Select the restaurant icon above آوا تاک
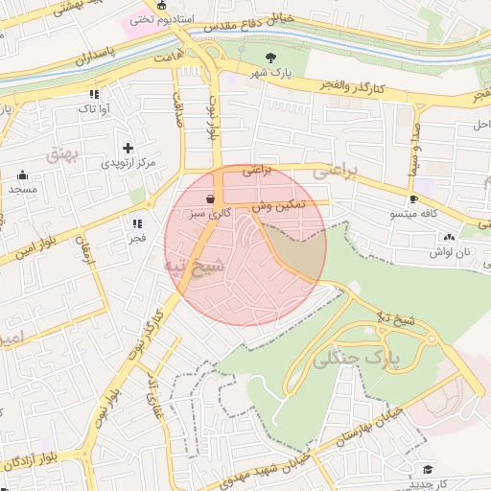pyautogui.click(x=93, y=95)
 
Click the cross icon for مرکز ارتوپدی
pyautogui.click(x=128, y=148)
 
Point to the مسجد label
pyautogui.click(x=22, y=190)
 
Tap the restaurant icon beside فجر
pyautogui.click(x=137, y=222)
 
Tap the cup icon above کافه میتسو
pyautogui.click(x=413, y=199)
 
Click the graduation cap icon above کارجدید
pyautogui.click(x=428, y=469)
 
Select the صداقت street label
pyautogui.click(x=178, y=110)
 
